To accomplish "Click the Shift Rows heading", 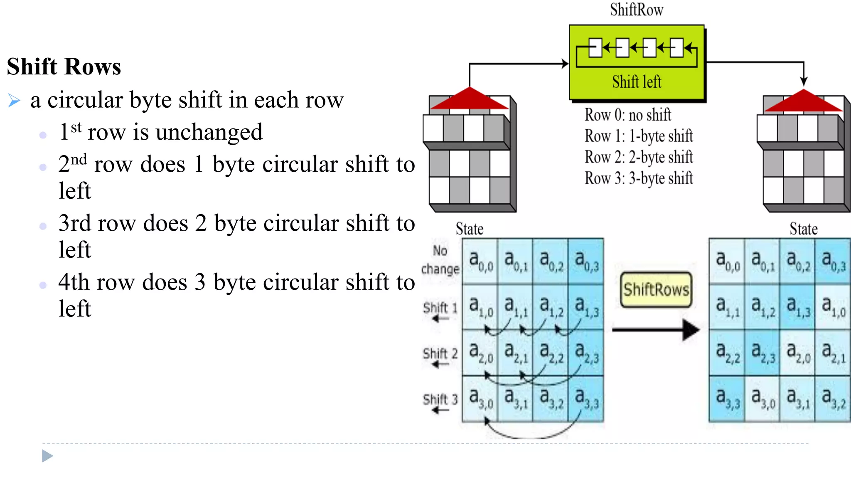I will [x=64, y=67].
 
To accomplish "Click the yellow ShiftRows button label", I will [x=656, y=289].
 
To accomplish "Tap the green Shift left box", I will [x=637, y=62].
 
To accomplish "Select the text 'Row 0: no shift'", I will [x=627, y=115].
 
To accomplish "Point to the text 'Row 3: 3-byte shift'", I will [x=639, y=178].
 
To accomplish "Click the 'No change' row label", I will [x=440, y=260].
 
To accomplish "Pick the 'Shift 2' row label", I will [x=440, y=354].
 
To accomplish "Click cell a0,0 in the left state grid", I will [x=480, y=261].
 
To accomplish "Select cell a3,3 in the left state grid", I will [x=586, y=399].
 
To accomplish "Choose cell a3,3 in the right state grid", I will [x=727, y=399].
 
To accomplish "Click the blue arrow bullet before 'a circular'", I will [x=14, y=101].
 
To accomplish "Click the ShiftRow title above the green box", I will [x=637, y=10].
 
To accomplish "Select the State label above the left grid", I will [x=470, y=229].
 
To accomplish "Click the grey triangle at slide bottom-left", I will [x=47, y=456].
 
